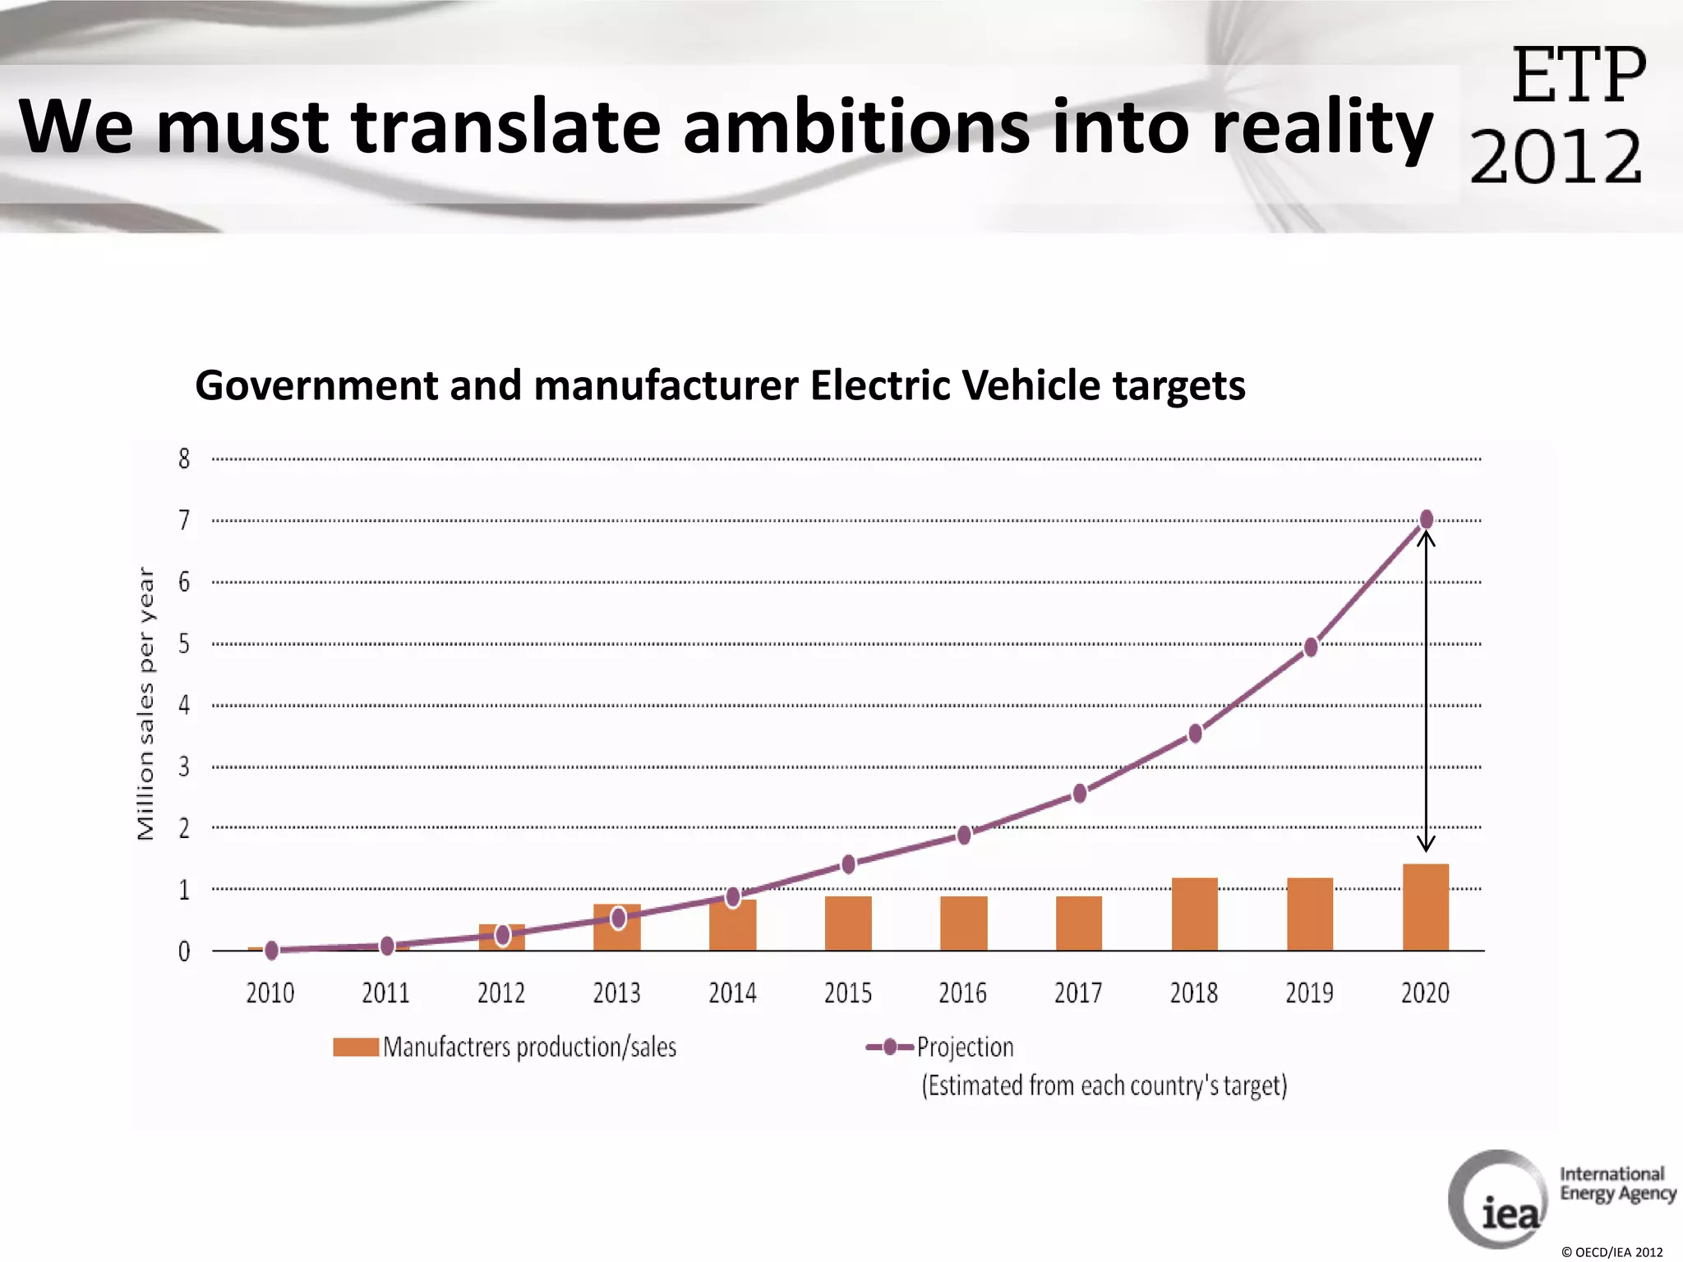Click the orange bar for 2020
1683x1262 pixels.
click(x=1425, y=907)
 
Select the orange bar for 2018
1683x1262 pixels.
click(x=1194, y=914)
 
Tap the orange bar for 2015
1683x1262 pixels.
click(x=848, y=923)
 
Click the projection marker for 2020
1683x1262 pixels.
click(x=1427, y=519)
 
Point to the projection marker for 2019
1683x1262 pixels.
click(x=1311, y=647)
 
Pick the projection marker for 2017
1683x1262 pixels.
click(x=1080, y=794)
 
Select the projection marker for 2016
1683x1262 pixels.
click(x=964, y=836)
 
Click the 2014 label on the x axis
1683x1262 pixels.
click(x=732, y=993)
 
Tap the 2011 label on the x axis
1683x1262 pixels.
click(x=385, y=993)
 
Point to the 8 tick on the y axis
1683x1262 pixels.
click(x=184, y=458)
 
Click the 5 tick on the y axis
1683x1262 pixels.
click(x=184, y=643)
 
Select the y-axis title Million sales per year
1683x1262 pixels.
click(x=145, y=703)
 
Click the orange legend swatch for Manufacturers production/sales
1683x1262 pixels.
click(x=356, y=1047)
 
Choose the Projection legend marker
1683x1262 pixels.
click(x=889, y=1047)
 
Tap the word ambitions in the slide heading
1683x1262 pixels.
click(x=855, y=127)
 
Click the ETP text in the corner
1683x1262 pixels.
click(x=1578, y=76)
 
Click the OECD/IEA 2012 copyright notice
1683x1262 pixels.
click(x=1612, y=1252)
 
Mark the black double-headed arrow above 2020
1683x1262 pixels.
click(x=1426, y=690)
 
